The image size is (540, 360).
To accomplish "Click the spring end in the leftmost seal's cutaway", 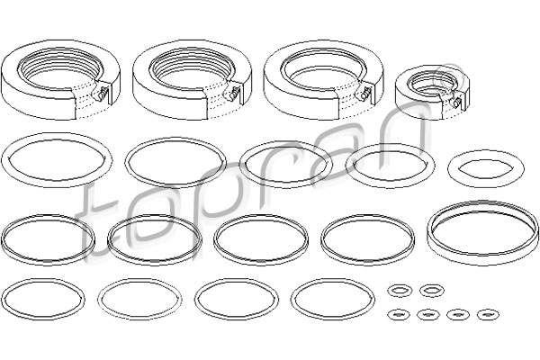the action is pos(101,94).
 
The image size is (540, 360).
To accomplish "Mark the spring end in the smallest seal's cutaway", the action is pos(456,103).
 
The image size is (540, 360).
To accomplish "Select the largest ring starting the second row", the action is pos(4,161).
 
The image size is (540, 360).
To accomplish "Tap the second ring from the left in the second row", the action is pos(127,162).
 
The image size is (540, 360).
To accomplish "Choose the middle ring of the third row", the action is pos(216,239).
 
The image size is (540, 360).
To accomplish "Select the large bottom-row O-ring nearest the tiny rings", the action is pos(292,299).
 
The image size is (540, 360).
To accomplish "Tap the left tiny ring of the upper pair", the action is pos(389,291).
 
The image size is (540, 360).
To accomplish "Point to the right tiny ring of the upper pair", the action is pos(421,291).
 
